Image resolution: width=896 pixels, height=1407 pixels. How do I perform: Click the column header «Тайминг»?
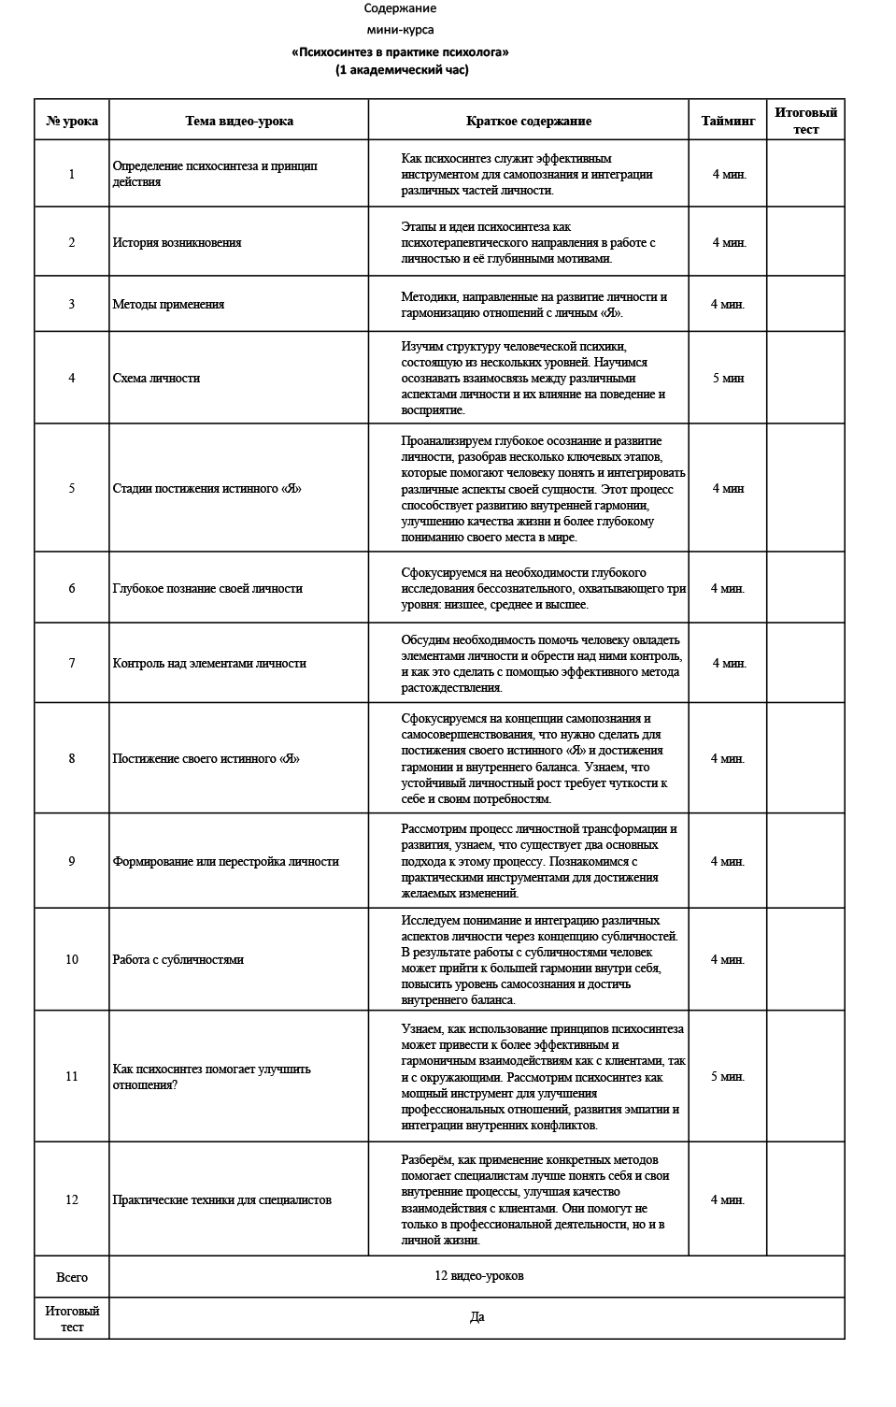[x=728, y=121]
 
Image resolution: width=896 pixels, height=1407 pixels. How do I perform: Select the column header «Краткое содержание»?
[x=529, y=121]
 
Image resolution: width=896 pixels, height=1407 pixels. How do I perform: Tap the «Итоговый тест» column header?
[x=805, y=121]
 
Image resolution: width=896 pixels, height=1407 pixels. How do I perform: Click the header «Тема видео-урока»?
[x=239, y=121]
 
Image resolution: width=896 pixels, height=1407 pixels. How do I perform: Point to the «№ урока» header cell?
[x=72, y=121]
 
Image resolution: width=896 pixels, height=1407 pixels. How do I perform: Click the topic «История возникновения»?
[x=177, y=242]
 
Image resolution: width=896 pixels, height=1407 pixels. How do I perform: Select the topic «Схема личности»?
[x=156, y=378]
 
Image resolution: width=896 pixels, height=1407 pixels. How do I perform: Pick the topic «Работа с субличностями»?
[x=178, y=959]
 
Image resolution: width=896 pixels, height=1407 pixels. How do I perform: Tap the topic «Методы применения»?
[x=168, y=304]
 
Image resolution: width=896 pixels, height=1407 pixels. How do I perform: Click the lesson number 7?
[x=72, y=663]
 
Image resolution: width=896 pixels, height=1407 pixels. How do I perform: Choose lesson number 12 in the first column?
[x=72, y=1199]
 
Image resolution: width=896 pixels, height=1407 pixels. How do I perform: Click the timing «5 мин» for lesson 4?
[x=728, y=378]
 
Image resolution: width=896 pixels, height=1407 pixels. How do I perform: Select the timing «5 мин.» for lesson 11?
[x=728, y=1076]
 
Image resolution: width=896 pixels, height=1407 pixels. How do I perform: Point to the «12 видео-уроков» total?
[x=478, y=1276]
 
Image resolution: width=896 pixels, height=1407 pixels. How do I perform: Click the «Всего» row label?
[x=72, y=1277]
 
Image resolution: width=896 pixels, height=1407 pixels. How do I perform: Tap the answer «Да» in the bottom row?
[x=477, y=1317]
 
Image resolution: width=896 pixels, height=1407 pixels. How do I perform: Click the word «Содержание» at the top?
[x=400, y=8]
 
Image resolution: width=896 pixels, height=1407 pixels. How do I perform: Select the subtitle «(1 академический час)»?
[x=402, y=69]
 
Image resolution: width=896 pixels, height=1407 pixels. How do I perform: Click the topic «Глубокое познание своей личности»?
[x=207, y=588]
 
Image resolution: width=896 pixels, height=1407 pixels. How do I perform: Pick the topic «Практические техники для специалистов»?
[x=221, y=1199]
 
